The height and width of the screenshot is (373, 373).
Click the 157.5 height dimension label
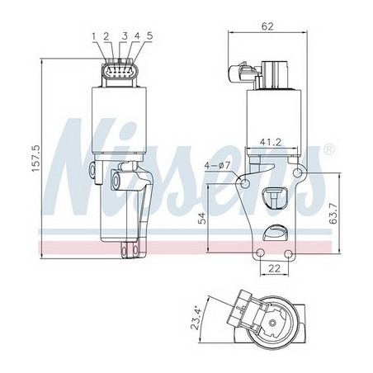tap(36, 158)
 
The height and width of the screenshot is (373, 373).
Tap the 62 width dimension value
tap(267, 26)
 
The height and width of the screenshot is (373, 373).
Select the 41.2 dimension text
tap(271, 142)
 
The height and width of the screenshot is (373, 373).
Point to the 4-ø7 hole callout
tap(217, 166)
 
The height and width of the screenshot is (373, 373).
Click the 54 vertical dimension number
tap(202, 218)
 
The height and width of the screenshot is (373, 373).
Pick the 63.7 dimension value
tap(333, 215)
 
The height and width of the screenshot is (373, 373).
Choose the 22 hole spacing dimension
tap(274, 268)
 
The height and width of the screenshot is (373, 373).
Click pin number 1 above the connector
tap(94, 36)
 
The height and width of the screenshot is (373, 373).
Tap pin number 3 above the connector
tap(125, 36)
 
